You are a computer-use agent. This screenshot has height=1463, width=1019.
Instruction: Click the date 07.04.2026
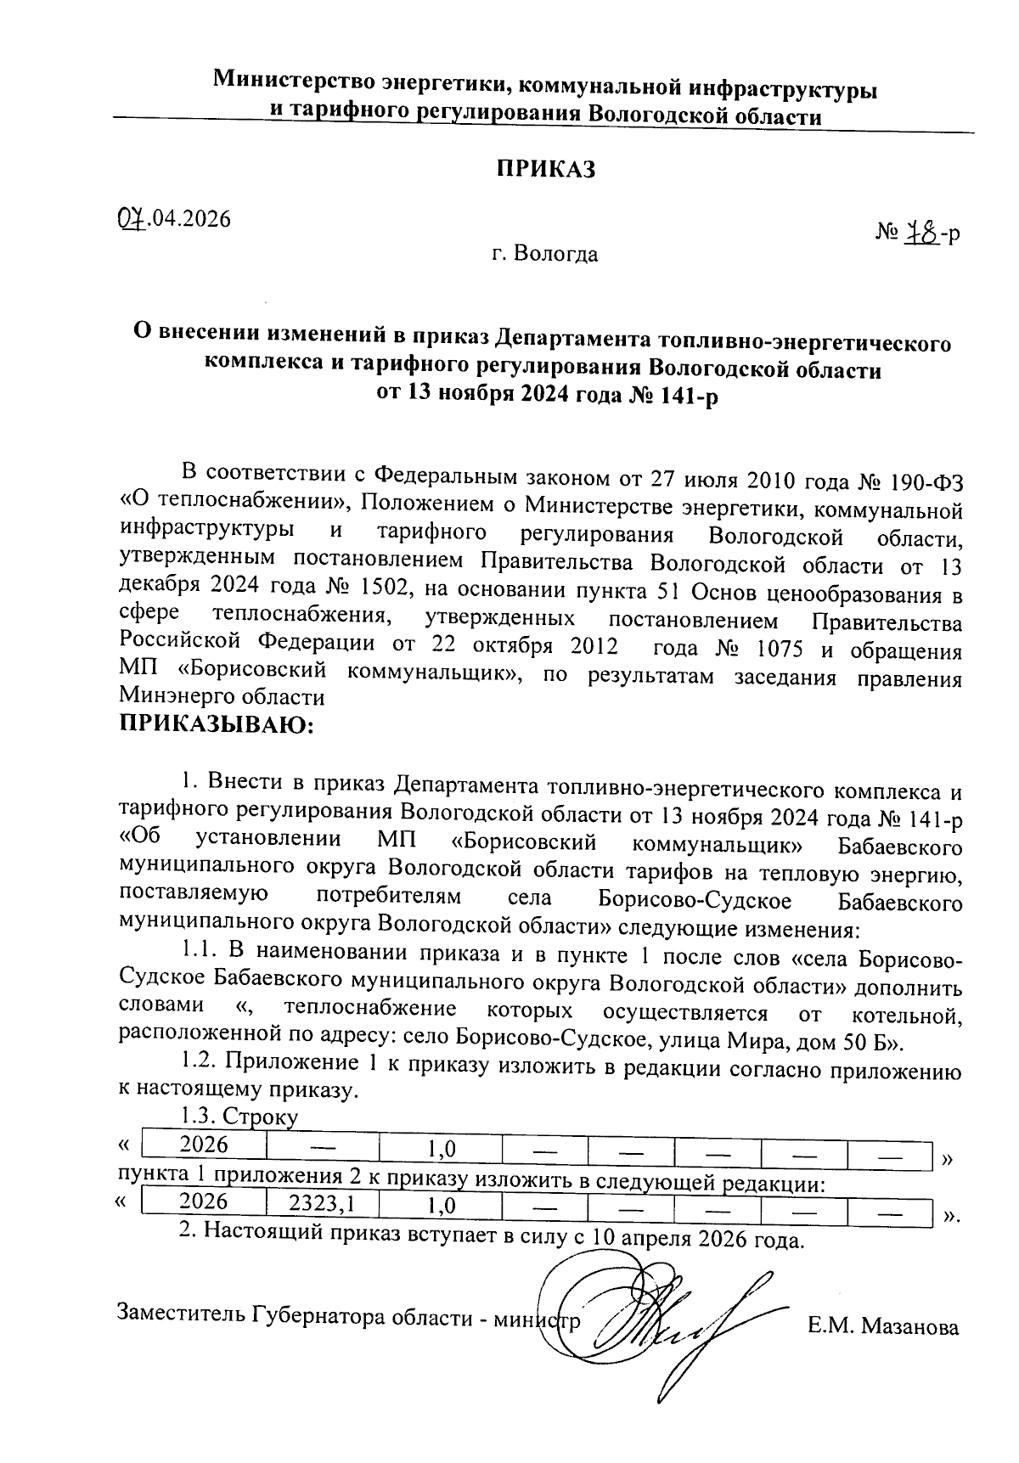coord(175,219)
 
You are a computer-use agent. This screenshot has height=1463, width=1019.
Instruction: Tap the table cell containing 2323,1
coord(321,1203)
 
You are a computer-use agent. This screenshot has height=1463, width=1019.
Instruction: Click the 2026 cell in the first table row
coord(205,1145)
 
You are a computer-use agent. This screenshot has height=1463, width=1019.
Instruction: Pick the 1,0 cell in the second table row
coord(441,1205)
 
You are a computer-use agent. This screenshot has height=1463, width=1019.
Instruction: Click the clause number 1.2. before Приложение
coord(199,1063)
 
